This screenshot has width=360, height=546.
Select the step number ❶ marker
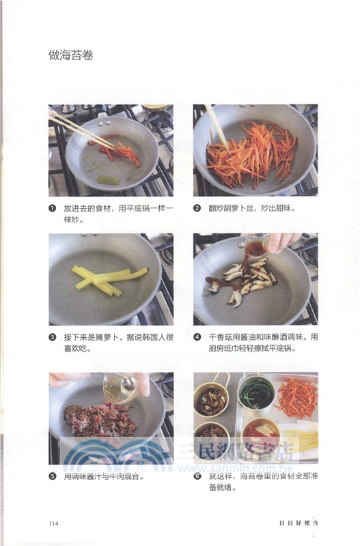[53, 209]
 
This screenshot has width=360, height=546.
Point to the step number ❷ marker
[197, 209]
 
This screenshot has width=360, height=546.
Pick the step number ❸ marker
[53, 337]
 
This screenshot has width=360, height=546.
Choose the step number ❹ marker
[197, 337]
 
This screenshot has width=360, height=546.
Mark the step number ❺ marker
[53, 476]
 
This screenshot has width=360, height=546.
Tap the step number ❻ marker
[197, 476]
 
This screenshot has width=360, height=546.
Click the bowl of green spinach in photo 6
[257, 394]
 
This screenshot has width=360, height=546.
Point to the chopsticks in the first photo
[82, 130]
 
